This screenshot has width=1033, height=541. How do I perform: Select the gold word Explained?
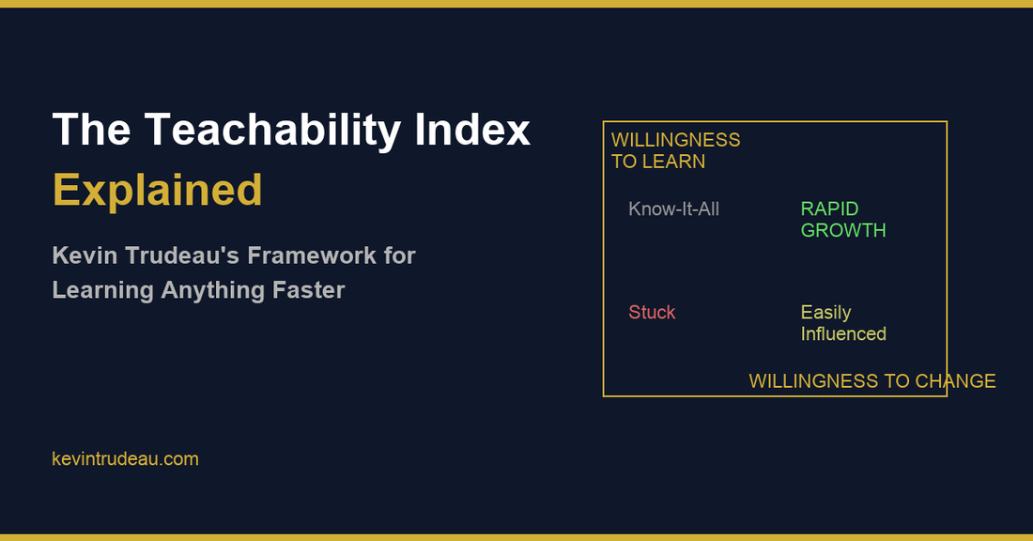click(x=158, y=190)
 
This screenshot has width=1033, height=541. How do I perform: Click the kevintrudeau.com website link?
click(x=125, y=459)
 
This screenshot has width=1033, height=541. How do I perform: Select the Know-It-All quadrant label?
click(x=673, y=209)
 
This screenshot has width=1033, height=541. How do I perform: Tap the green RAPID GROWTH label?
click(x=842, y=219)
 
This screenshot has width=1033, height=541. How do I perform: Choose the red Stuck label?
click(x=652, y=312)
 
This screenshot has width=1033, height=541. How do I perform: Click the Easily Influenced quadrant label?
click(x=842, y=322)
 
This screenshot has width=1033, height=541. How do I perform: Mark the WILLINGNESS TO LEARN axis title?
click(x=675, y=150)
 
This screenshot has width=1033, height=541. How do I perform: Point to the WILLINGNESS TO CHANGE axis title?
click(x=871, y=381)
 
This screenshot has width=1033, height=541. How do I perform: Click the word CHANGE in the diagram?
click(x=955, y=381)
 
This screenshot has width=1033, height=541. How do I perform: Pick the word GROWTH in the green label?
click(x=842, y=230)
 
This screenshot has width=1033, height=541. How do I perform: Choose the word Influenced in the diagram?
click(x=842, y=333)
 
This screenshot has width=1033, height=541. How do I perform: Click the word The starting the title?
click(x=90, y=130)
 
